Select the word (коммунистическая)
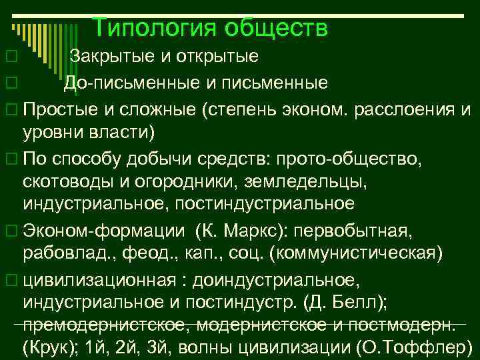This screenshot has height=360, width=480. [x=359, y=253]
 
